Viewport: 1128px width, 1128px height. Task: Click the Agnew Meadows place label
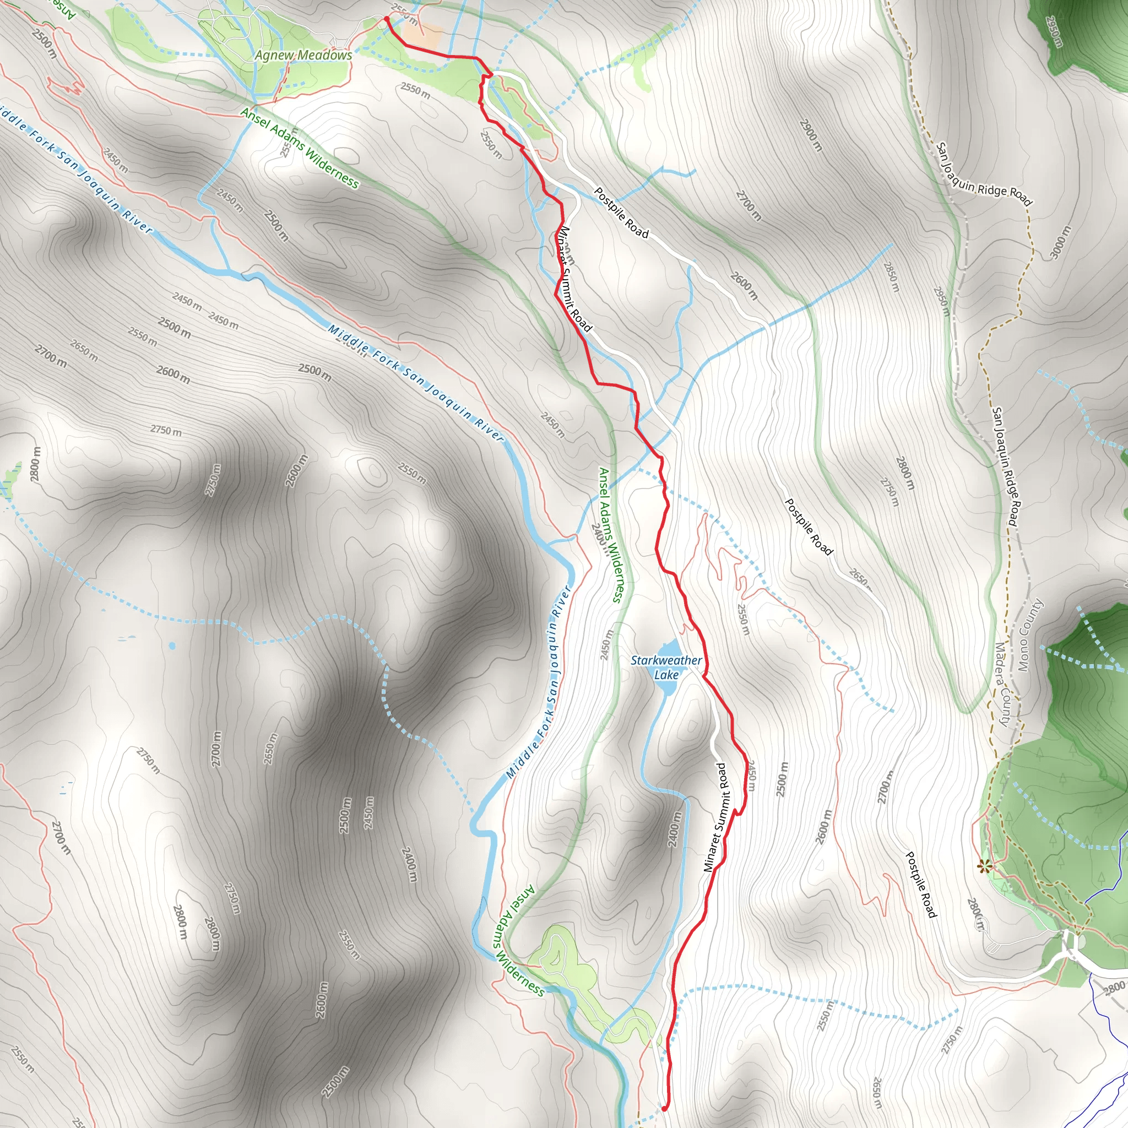click(x=303, y=56)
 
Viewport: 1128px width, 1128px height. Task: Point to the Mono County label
click(x=1030, y=635)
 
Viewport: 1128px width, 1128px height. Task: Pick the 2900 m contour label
click(x=810, y=135)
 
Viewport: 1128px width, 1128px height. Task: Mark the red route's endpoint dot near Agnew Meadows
click(x=387, y=19)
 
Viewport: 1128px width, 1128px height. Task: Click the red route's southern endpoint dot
click(x=664, y=1108)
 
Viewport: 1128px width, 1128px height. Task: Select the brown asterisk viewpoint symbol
click(x=984, y=866)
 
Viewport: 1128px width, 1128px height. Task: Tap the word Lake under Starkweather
click(x=666, y=675)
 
